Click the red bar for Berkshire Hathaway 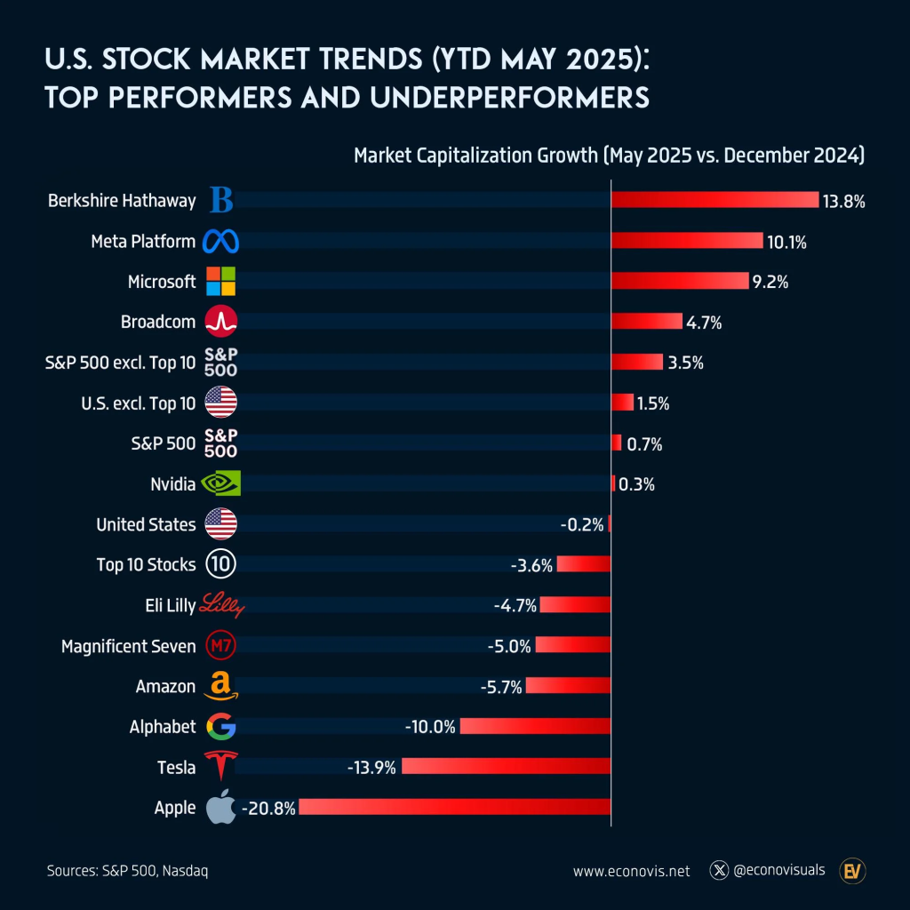714,200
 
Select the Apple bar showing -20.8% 456,807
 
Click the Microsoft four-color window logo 220,282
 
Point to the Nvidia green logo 220,483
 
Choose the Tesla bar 507,766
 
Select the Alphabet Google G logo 220,727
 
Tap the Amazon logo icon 220,686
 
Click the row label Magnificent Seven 128,646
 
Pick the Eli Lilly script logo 221,605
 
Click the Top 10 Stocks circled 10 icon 220,564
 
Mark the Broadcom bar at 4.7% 647,322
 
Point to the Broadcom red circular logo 220,322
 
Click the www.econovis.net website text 631,871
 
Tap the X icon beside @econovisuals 720,870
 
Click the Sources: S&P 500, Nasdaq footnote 127,871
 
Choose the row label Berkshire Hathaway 122,201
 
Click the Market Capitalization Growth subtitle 609,156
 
